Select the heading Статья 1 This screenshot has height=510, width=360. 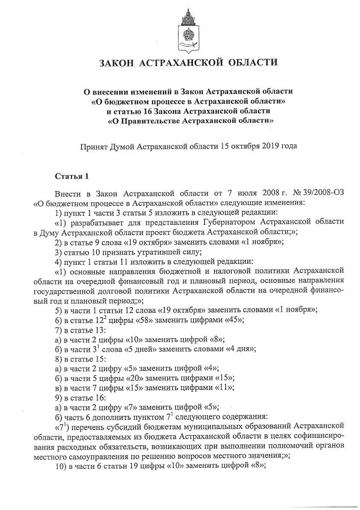pos(71,177)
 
